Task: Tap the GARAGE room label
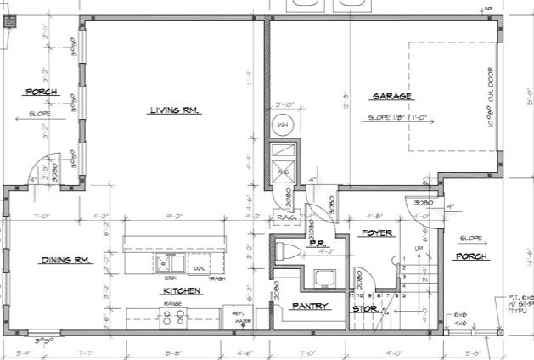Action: [391, 96]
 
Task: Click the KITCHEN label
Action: [182, 290]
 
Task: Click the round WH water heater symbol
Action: [281, 126]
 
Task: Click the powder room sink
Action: [323, 277]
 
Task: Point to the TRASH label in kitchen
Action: [216, 279]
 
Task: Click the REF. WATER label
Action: [238, 317]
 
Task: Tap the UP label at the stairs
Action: [419, 249]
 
